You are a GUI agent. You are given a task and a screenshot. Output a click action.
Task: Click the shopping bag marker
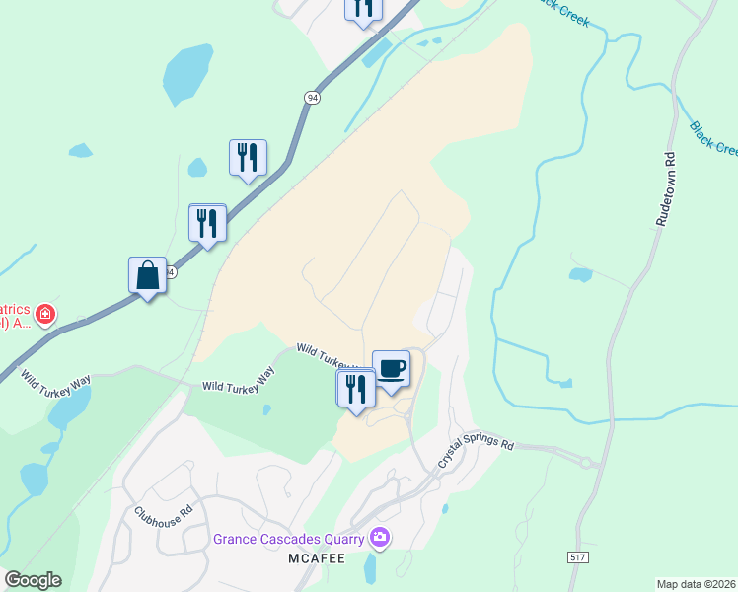147,275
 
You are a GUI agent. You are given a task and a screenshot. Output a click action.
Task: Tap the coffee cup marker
391,369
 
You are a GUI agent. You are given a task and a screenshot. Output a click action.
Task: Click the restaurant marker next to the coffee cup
354,388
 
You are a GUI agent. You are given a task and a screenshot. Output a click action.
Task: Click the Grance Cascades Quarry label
288,540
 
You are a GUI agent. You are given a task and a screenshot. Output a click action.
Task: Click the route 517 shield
577,557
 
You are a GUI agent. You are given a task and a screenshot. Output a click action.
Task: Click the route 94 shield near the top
311,97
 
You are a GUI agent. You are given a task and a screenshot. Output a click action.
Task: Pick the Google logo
33,580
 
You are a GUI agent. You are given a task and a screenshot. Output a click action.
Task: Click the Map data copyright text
696,583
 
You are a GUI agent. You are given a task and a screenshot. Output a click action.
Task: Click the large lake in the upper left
187,74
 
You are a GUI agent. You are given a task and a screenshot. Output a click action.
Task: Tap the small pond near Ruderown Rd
581,274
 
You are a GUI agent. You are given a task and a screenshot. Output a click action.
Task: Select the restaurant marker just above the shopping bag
207,222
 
